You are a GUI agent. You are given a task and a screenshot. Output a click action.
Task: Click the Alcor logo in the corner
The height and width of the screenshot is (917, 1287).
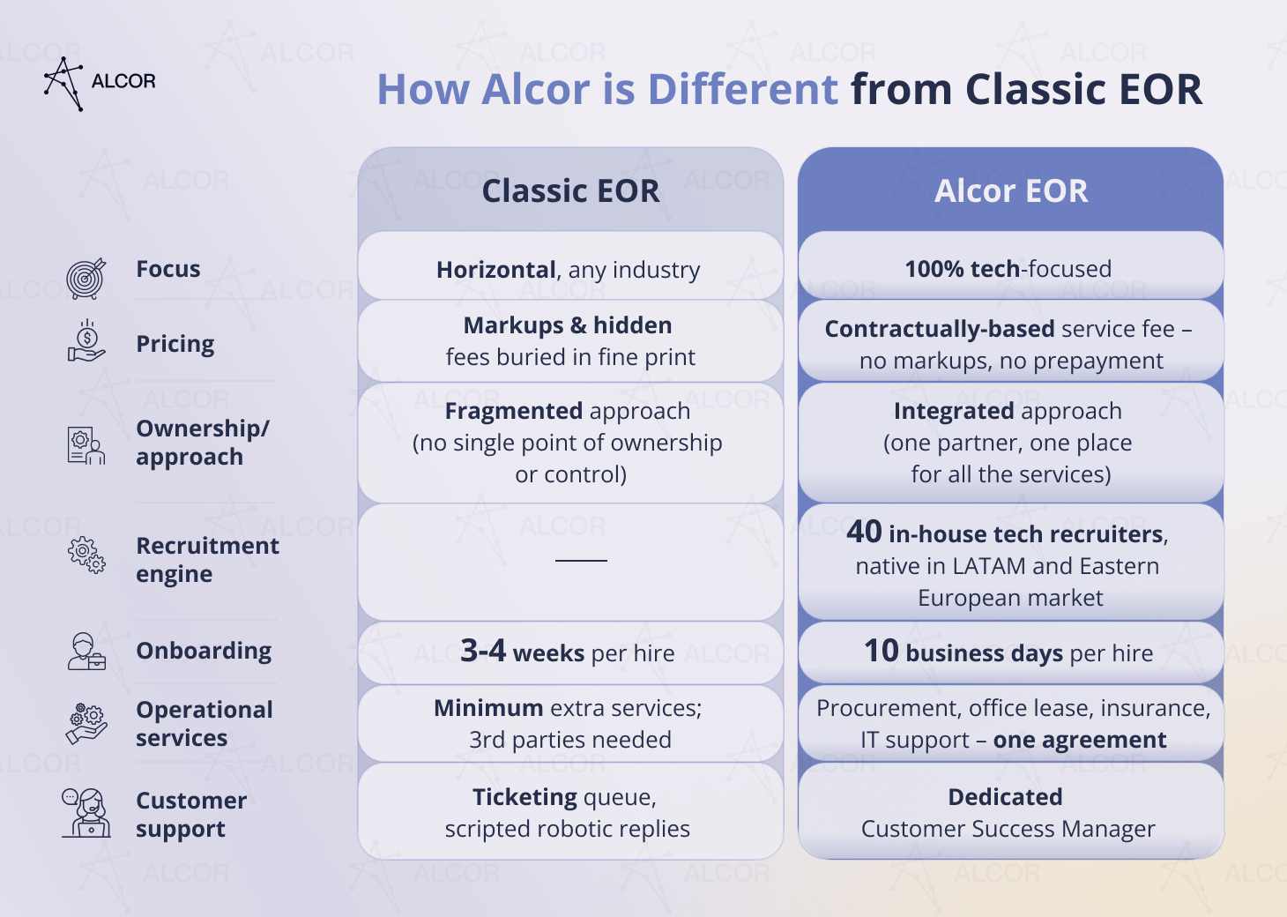pos(100,83)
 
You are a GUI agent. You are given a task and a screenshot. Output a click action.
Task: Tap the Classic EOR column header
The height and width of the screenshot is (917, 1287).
pos(570,190)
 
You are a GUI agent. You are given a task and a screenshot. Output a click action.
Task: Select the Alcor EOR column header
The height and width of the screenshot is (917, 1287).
pos(1010,190)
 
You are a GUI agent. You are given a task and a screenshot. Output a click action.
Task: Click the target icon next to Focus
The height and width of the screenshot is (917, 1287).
pos(86,279)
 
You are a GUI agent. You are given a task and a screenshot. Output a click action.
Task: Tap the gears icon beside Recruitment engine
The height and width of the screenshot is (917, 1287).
pos(86,555)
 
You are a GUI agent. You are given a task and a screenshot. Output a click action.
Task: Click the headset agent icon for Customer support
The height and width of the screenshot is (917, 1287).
pos(86,812)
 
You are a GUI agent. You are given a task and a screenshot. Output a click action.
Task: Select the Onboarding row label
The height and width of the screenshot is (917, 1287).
pos(204,652)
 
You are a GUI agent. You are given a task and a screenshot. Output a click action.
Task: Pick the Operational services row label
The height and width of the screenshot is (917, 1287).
pos(205,724)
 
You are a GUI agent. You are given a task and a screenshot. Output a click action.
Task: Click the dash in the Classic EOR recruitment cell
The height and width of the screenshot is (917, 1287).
pos(581,560)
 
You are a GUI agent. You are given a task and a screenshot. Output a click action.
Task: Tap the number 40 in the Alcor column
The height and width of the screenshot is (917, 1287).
pos(864,532)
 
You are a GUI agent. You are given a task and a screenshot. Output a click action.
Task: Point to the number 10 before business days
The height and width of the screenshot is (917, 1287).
pos(882,651)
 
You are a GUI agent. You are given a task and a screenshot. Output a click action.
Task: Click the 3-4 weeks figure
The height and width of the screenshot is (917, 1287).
pos(522,652)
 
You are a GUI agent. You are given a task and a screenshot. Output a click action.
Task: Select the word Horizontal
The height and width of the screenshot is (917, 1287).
pos(495,270)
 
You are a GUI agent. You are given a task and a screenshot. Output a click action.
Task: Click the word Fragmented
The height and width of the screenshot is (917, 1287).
pos(514,411)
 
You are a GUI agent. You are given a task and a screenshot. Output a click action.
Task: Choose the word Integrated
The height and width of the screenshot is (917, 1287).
pos(954,411)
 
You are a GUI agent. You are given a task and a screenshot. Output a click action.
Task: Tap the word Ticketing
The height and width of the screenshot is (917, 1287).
pos(524,797)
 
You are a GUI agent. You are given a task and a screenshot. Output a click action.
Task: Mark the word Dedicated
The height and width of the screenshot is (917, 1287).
pos(1006,797)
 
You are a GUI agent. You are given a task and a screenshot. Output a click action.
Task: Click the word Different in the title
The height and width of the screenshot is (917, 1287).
pos(743,90)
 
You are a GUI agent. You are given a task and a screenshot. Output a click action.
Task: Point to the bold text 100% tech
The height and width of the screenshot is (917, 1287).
pos(963,269)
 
